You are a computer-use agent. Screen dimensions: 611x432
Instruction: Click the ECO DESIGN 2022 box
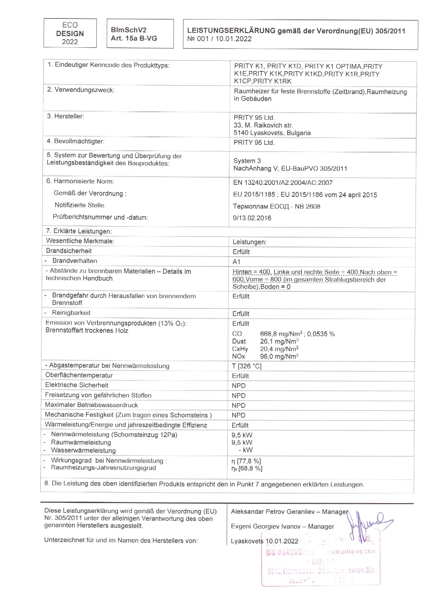[x=70, y=33]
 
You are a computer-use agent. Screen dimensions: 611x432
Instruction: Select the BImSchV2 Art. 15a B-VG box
[x=140, y=34]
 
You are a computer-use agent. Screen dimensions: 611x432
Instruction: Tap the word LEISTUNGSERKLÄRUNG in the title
[x=231, y=31]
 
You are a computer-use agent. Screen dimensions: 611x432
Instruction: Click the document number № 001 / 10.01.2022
[x=219, y=39]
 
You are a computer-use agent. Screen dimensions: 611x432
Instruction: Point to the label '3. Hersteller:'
[x=65, y=116]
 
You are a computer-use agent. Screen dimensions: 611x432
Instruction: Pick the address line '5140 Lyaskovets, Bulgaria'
[x=272, y=133]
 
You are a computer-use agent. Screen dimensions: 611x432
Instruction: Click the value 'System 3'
[x=247, y=161]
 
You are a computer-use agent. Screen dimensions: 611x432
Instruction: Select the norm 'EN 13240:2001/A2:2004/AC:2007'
[x=283, y=183]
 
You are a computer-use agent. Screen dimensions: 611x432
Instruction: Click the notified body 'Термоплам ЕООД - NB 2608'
[x=276, y=206]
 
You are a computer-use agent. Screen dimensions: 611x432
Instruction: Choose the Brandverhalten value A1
[x=236, y=262]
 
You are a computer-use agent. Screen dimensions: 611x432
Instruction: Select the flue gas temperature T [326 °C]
[x=246, y=366]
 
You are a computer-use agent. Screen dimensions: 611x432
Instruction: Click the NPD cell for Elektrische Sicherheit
[x=238, y=386]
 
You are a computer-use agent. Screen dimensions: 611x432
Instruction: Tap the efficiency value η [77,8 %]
[x=246, y=461]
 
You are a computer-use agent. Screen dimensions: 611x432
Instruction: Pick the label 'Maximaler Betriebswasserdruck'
[x=91, y=405]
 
